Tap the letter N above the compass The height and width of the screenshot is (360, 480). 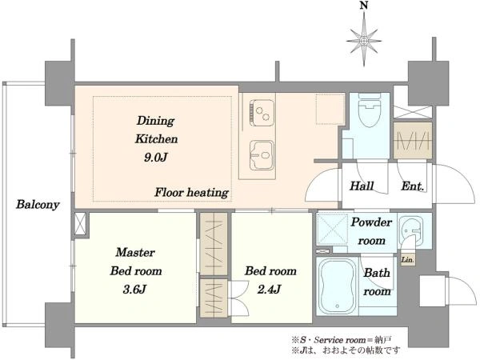364,6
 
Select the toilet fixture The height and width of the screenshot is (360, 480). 370,110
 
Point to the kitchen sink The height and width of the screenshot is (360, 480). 262,155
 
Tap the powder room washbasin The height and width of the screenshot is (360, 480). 410,232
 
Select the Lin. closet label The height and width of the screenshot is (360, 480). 408,260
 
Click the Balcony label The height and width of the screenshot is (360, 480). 38,205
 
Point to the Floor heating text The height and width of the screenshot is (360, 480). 192,193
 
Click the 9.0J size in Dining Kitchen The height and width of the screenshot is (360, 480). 155,158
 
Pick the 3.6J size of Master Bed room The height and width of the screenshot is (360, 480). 134,290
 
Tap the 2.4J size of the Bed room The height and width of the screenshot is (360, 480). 269,290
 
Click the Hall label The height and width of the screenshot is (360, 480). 362,186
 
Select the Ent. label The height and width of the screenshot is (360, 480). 413,186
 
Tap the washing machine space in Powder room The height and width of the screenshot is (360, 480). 333,230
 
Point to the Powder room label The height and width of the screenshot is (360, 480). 371,231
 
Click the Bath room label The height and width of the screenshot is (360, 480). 377,282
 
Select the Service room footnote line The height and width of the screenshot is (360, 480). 342,339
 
